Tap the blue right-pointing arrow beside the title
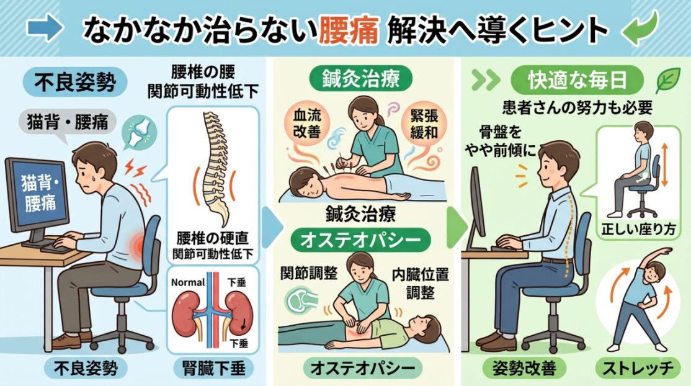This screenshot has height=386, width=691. pyautogui.click(x=45, y=28)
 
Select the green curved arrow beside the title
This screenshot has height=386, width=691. pyautogui.click(x=640, y=27)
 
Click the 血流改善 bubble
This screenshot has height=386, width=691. pyautogui.click(x=307, y=123)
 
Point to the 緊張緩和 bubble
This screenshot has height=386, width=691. pyautogui.click(x=424, y=124)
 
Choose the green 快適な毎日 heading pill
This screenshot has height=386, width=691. pyautogui.click(x=577, y=80)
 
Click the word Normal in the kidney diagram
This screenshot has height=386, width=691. pyautogui.click(x=188, y=282)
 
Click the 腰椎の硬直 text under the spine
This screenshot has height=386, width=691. pyautogui.click(x=212, y=238)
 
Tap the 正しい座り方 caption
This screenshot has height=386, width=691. pyautogui.click(x=638, y=230)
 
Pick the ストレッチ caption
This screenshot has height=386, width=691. pyautogui.click(x=638, y=369)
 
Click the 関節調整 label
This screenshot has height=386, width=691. pyautogui.click(x=308, y=274)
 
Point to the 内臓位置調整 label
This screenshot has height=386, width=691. pyautogui.click(x=420, y=283)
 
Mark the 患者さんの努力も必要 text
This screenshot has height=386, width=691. pyautogui.click(x=577, y=107)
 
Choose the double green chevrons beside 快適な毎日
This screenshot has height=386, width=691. pyautogui.click(x=486, y=80)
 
